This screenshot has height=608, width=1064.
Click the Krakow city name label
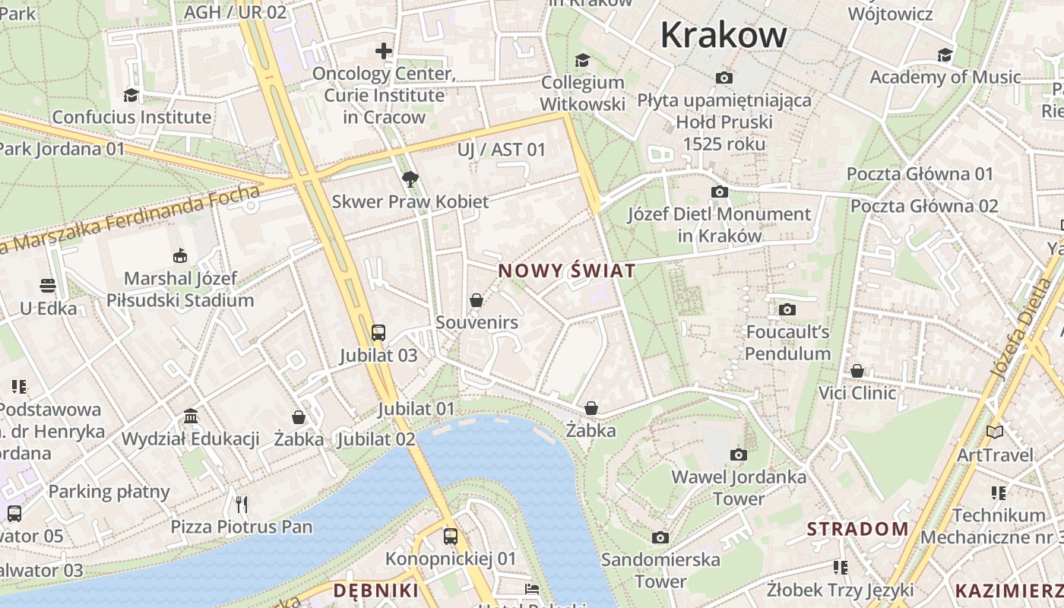click(724, 35)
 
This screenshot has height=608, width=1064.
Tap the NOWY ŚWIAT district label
click(566, 271)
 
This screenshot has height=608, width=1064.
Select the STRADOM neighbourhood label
click(857, 529)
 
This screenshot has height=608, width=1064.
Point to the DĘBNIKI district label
click(376, 591)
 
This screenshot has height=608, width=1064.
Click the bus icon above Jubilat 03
click(378, 332)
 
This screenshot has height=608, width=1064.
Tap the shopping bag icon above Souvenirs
click(477, 300)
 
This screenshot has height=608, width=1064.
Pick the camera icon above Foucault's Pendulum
click(787, 309)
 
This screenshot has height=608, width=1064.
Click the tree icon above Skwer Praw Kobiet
click(410, 179)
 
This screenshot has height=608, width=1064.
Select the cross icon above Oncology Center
click(384, 51)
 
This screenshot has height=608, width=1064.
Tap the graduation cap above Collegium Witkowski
click(582, 60)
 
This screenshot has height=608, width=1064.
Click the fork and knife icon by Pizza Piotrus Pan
click(242, 504)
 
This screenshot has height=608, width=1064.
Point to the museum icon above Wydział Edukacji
click(191, 416)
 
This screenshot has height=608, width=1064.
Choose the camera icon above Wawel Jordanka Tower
click(738, 454)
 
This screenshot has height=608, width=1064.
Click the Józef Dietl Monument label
click(719, 225)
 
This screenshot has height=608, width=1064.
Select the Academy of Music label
click(945, 77)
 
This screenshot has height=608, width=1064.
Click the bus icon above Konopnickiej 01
click(451, 537)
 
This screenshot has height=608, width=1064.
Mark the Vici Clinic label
click(857, 393)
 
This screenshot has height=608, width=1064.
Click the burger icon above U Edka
click(49, 286)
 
